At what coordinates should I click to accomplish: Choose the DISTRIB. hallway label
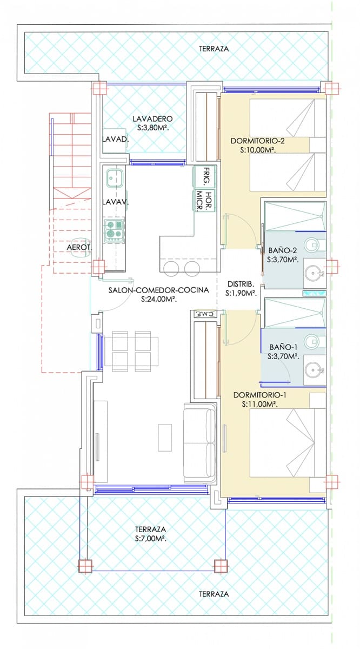click(239, 284)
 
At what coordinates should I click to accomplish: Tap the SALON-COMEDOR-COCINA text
click(158, 290)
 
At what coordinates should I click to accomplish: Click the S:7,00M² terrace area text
click(150, 539)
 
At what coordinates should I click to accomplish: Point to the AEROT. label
click(79, 247)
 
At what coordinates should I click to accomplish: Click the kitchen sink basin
click(115, 176)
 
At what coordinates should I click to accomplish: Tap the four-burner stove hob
click(115, 229)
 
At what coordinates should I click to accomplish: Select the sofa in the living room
click(199, 442)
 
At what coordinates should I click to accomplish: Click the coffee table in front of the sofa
click(165, 437)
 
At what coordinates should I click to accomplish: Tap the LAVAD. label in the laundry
click(115, 139)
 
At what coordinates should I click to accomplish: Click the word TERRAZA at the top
click(214, 49)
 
